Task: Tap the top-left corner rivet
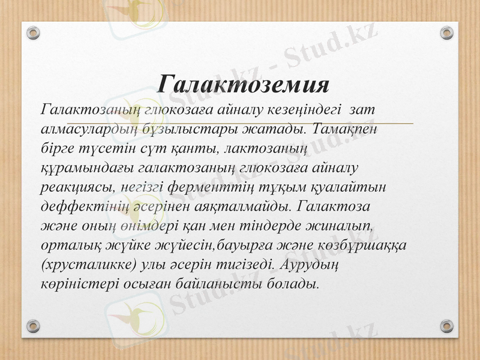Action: pyautogui.click(x=33, y=32)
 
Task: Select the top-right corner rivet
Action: pyautogui.click(x=446, y=32)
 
